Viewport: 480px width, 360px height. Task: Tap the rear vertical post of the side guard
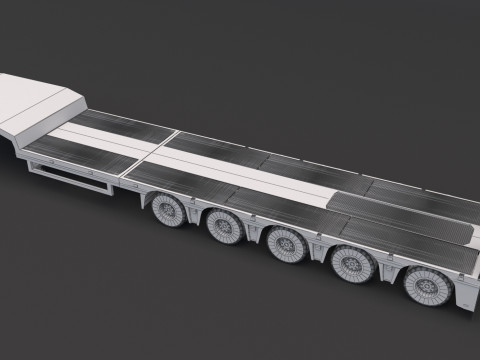(108, 189)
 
